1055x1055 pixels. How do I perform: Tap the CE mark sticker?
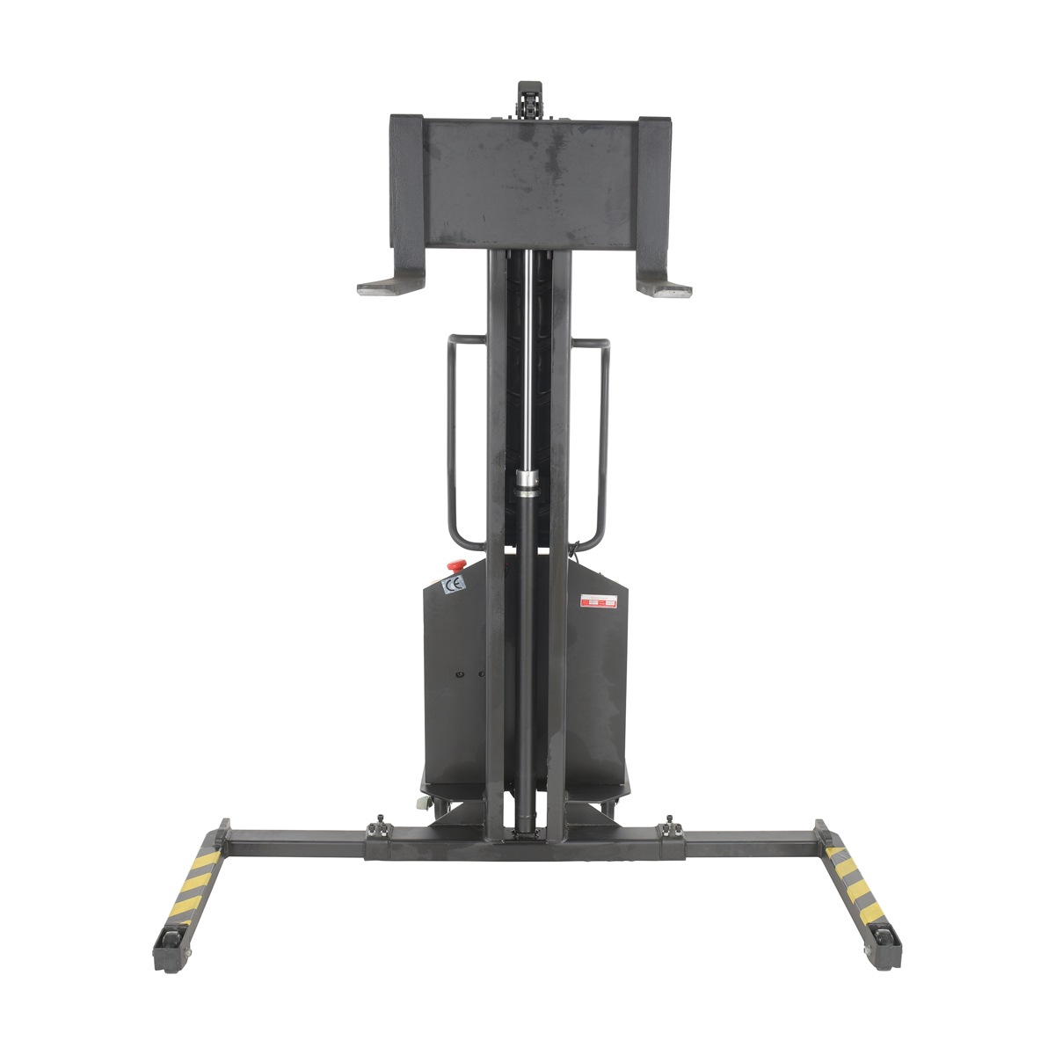(x=453, y=585)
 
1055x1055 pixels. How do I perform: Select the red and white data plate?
(x=597, y=603)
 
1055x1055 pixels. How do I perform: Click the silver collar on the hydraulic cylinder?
(x=527, y=479)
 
